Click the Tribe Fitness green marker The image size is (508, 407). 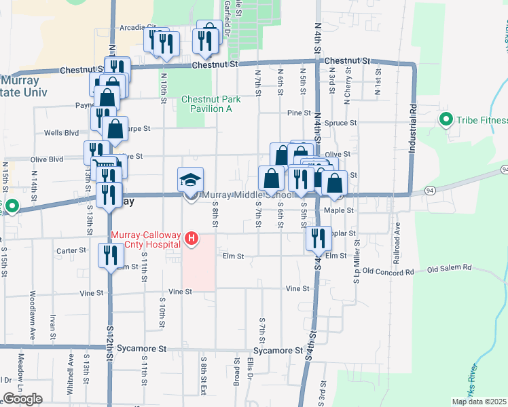pos(446,120)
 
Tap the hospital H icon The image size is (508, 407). pos(192,238)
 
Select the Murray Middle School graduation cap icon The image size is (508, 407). pos(191,180)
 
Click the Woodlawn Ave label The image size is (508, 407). pos(32,315)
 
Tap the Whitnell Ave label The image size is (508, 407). pos(69,370)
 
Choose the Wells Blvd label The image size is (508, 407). pos(62,133)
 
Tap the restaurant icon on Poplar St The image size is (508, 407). pos(317,238)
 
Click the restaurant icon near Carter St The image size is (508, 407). pos(110,255)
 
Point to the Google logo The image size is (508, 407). pos(23,399)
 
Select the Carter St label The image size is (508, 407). pos(71,250)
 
